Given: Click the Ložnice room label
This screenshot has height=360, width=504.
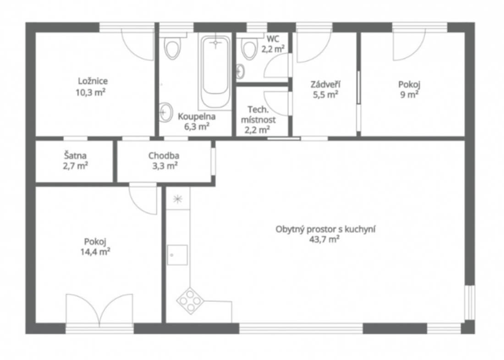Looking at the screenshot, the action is pyautogui.click(x=93, y=81).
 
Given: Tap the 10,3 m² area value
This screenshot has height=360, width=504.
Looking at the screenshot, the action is pyautogui.click(x=91, y=92).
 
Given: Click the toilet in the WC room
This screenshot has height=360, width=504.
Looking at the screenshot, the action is pyautogui.click(x=250, y=49).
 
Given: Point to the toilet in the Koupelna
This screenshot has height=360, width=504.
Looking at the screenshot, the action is pyautogui.click(x=172, y=48).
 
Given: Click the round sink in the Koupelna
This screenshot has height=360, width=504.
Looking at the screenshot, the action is pyautogui.click(x=165, y=112).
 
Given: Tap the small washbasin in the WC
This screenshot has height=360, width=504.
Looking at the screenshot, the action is pyautogui.click(x=240, y=72).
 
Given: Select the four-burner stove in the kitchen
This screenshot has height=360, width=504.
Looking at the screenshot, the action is pyautogui.click(x=190, y=301).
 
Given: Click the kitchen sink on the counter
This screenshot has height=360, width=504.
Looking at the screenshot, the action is pyautogui.click(x=177, y=255).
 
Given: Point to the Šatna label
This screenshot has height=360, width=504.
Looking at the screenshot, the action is pyautogui.click(x=75, y=155).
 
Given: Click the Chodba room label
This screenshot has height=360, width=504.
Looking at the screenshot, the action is pyautogui.click(x=164, y=156).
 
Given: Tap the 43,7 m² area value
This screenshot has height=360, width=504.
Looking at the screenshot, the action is pyautogui.click(x=325, y=239).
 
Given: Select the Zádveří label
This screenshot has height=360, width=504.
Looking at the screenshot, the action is pyautogui.click(x=325, y=84).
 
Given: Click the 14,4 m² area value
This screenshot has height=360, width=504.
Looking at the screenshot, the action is pyautogui.click(x=95, y=251).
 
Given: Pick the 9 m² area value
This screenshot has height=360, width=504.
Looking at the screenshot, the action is pyautogui.click(x=409, y=94).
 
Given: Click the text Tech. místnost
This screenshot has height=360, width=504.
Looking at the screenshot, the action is pyautogui.click(x=258, y=115).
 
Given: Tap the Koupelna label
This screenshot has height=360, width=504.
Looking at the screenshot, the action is pyautogui.click(x=197, y=116).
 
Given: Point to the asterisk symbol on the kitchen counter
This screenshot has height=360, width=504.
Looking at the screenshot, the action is pyautogui.click(x=177, y=199).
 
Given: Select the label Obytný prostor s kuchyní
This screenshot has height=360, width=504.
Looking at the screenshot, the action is pyautogui.click(x=325, y=229).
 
